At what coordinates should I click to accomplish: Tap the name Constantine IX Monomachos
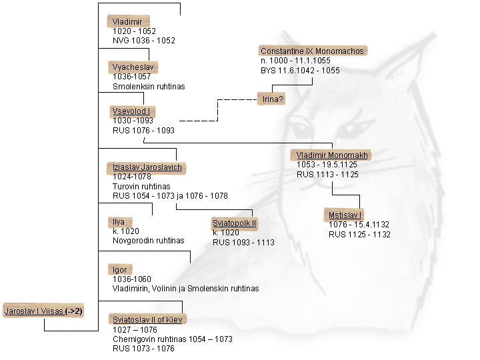(x=313, y=51)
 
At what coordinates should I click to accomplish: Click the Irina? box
(x=273, y=99)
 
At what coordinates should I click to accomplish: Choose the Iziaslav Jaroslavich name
(x=146, y=167)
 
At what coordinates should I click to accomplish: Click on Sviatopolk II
(x=234, y=222)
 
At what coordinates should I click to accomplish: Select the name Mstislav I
(x=345, y=215)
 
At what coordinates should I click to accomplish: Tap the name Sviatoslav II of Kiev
(x=146, y=319)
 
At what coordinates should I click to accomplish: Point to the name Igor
(x=119, y=270)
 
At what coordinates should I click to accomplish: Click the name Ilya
(x=118, y=221)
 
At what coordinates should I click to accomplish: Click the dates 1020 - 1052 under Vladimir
(x=134, y=31)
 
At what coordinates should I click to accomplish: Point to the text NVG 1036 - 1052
(x=143, y=41)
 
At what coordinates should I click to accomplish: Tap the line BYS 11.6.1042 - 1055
(x=300, y=70)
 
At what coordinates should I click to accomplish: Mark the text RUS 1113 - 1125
(x=327, y=175)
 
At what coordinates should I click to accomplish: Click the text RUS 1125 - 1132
(x=359, y=235)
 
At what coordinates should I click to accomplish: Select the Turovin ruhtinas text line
(x=141, y=187)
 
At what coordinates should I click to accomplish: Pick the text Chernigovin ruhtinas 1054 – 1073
(x=172, y=339)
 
